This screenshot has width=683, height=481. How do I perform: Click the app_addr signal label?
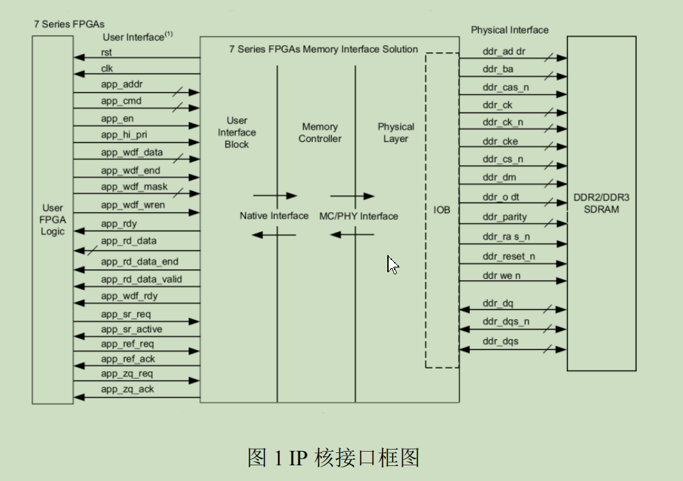click(122, 84)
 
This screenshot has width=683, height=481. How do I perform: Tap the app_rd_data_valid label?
click(141, 279)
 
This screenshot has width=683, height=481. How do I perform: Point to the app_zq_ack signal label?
click(127, 389)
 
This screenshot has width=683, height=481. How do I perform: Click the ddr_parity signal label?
click(504, 217)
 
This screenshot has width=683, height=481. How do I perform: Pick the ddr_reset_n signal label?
click(508, 256)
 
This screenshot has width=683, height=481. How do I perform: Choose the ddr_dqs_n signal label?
click(505, 321)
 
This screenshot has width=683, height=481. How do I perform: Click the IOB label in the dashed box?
click(442, 209)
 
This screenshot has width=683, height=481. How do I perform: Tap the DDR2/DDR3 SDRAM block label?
click(601, 203)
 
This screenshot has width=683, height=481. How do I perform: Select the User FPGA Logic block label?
click(53, 219)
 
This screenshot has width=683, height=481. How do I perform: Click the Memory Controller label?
click(320, 132)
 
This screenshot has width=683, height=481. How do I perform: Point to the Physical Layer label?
click(395, 132)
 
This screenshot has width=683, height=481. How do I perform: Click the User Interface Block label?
click(236, 132)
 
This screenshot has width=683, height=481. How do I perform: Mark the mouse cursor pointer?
click(392, 264)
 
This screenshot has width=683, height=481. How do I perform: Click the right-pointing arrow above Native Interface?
click(275, 196)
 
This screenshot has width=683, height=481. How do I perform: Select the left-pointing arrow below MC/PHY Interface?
click(352, 235)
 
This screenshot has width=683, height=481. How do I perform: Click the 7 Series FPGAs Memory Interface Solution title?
click(323, 49)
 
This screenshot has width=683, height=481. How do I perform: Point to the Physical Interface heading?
click(509, 30)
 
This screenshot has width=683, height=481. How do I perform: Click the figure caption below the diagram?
click(333, 458)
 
